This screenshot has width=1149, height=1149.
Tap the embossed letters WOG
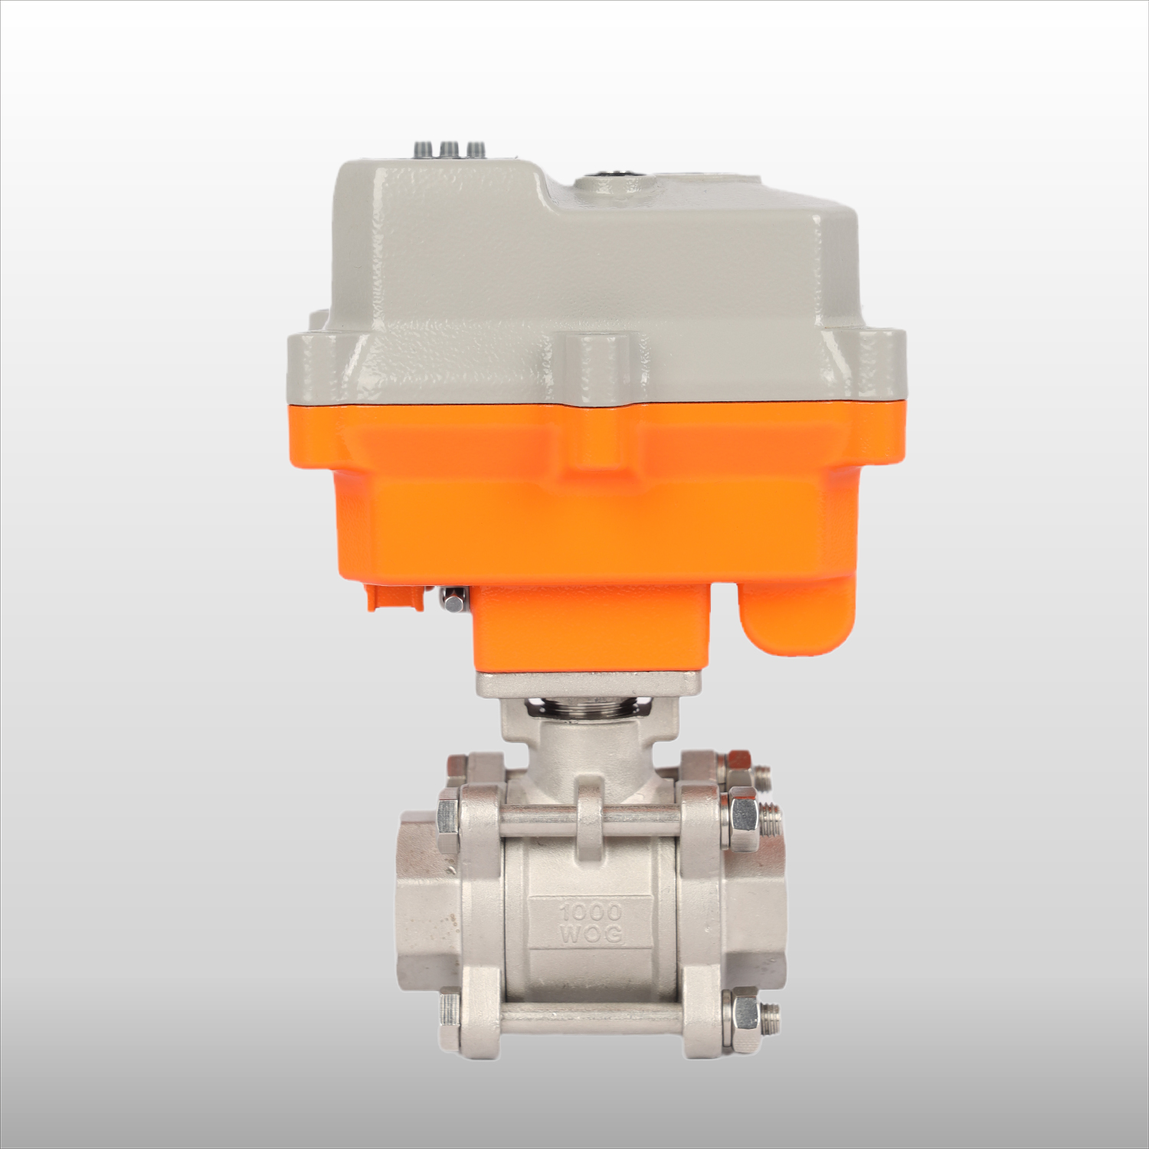[x=591, y=935]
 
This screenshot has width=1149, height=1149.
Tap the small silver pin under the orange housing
[x=453, y=603]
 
